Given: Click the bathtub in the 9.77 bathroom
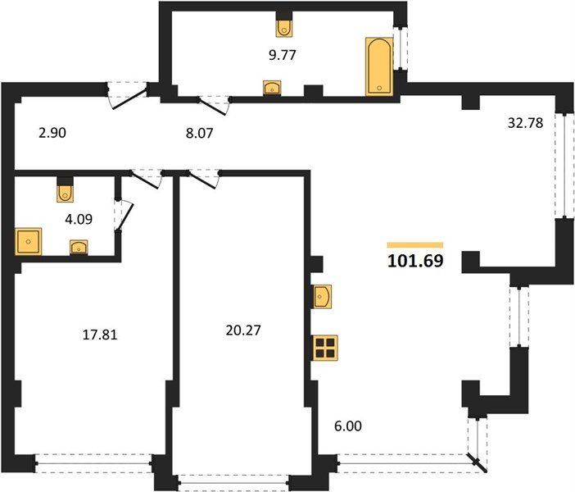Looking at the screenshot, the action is click(x=379, y=66).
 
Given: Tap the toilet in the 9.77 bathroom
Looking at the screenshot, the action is click(x=284, y=28).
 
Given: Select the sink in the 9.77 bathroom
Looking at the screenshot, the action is click(x=272, y=88).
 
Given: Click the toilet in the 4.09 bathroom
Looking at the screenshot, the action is click(x=65, y=194).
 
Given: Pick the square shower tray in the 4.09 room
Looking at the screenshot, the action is click(x=28, y=241).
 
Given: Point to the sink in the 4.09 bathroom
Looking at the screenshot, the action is click(x=79, y=247).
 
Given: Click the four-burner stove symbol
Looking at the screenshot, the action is click(x=325, y=348).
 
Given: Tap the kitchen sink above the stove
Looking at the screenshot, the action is click(x=323, y=296).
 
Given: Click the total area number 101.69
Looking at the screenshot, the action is click(x=415, y=261).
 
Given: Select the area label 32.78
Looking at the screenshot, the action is click(x=525, y=123).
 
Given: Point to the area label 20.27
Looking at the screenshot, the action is click(x=243, y=330).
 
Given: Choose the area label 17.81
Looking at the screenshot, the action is click(x=100, y=335).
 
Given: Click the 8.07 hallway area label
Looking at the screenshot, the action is click(x=199, y=133).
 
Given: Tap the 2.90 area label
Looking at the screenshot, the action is click(x=52, y=133).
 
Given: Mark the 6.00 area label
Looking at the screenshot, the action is click(x=348, y=426).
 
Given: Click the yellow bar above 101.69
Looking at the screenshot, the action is click(x=415, y=245).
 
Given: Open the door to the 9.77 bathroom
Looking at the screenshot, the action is click(x=212, y=106).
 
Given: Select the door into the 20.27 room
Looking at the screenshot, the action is click(x=202, y=180).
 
